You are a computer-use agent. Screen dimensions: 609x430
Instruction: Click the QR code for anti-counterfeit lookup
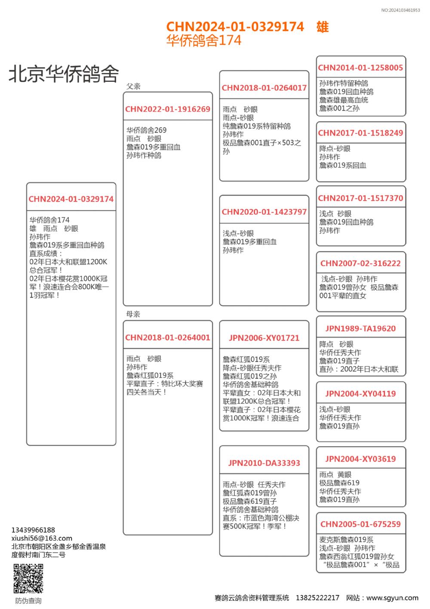[28, 578]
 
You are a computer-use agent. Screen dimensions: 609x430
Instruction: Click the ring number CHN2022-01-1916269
[168, 109]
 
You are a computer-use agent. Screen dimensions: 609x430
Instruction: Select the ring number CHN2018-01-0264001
[168, 338]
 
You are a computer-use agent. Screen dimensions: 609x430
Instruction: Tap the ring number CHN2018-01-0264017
[264, 88]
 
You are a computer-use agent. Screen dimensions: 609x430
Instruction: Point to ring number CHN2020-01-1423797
[264, 212]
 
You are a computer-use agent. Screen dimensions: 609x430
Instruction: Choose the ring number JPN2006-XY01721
[264, 338]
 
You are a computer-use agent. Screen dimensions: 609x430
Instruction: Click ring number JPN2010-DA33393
[264, 463]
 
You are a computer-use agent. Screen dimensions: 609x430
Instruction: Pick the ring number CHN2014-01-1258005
[360, 68]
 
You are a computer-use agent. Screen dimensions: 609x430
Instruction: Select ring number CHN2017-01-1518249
[360, 133]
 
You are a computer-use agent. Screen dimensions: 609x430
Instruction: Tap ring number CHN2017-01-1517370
[360, 198]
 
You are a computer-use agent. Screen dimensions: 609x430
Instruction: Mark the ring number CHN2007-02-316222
[360, 264]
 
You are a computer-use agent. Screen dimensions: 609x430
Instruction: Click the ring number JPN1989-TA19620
[360, 329]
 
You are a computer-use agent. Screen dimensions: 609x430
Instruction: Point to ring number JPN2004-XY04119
[360, 394]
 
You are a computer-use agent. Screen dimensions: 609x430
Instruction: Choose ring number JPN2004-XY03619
[360, 459]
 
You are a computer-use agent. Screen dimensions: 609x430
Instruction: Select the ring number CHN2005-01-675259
[360, 524]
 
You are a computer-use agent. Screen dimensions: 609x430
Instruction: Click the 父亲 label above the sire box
[133, 86]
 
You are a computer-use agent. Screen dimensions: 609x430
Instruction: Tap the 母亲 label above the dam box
[133, 314]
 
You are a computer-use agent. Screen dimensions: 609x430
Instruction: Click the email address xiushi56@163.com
[42, 538]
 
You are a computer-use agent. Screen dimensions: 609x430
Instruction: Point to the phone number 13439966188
[33, 530]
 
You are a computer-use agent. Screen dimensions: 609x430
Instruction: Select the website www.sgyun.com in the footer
[392, 598]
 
